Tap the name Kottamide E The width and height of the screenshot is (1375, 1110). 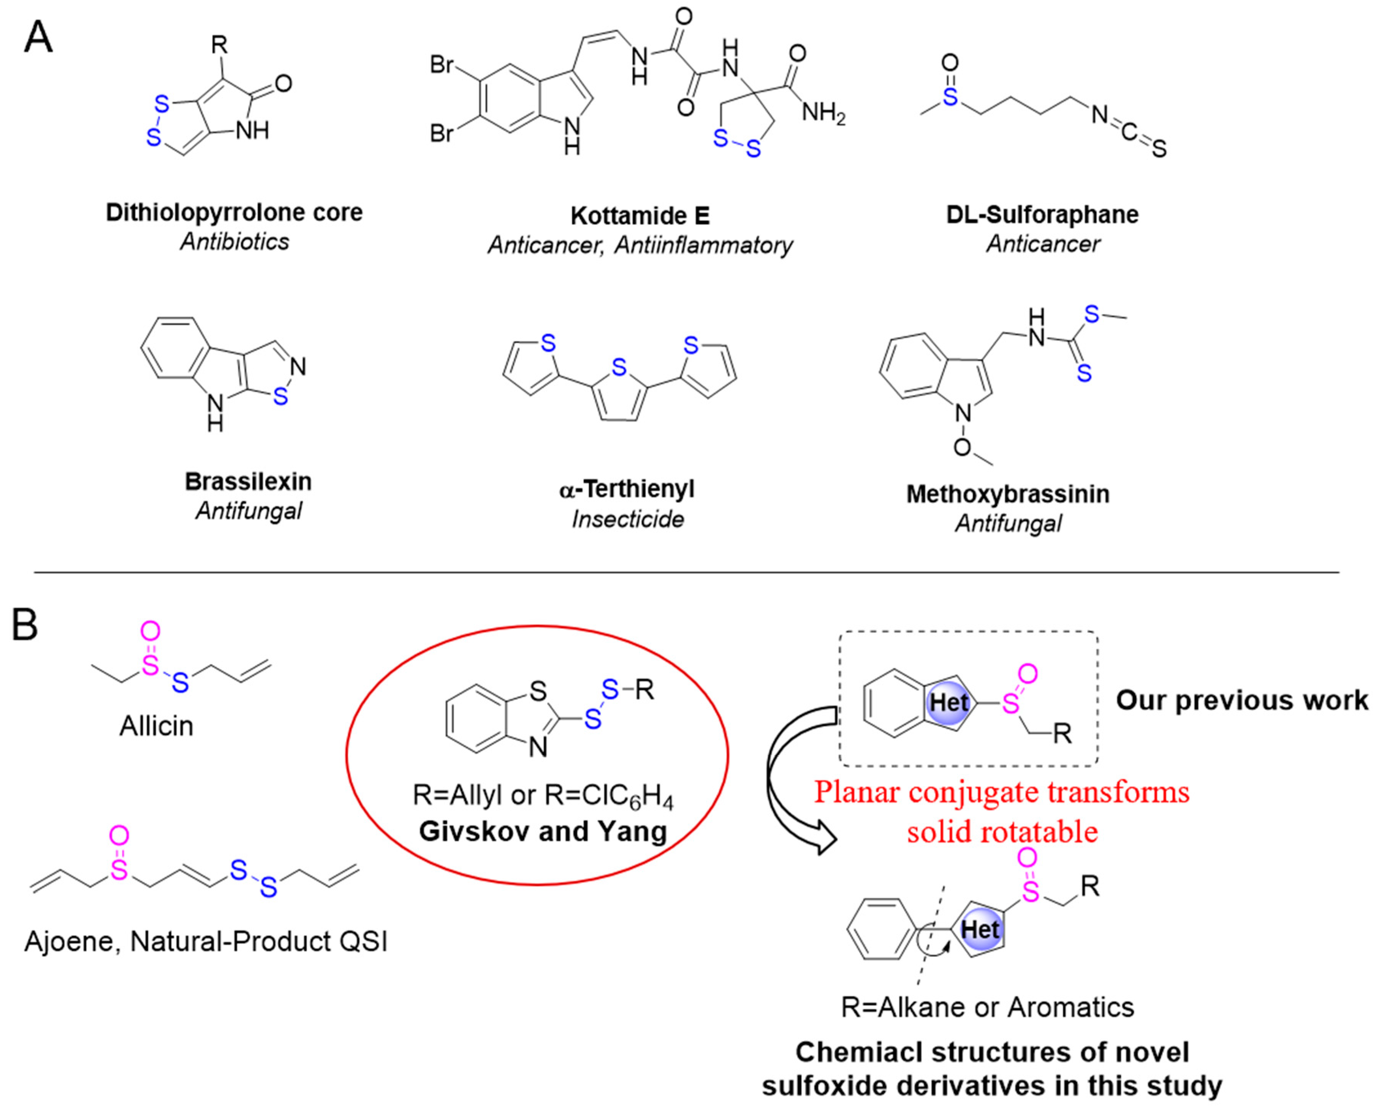(x=640, y=216)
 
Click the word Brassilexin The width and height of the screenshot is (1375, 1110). (x=248, y=482)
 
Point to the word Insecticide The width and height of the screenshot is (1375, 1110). (x=627, y=519)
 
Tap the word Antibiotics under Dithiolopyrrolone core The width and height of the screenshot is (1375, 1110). (x=234, y=242)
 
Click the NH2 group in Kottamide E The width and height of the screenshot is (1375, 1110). (x=823, y=113)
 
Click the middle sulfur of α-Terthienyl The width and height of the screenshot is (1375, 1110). (x=618, y=367)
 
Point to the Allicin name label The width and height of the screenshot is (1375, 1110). (x=156, y=726)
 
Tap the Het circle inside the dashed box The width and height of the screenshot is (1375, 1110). (x=949, y=703)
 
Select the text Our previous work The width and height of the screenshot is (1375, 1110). (x=1242, y=700)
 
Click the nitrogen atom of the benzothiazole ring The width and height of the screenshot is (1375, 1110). (x=538, y=747)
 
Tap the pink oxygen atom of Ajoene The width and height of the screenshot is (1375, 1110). (x=119, y=835)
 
